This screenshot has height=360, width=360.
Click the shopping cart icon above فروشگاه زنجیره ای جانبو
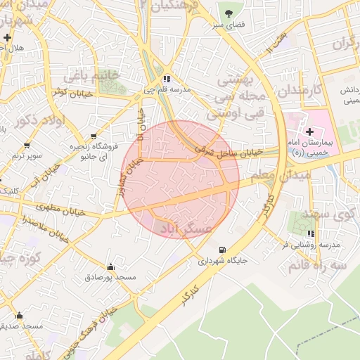point(94,136)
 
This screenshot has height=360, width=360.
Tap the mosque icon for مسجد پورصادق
point(110,266)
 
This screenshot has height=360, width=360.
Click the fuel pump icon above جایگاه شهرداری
point(223,249)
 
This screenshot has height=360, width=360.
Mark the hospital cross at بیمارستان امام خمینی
point(309,131)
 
